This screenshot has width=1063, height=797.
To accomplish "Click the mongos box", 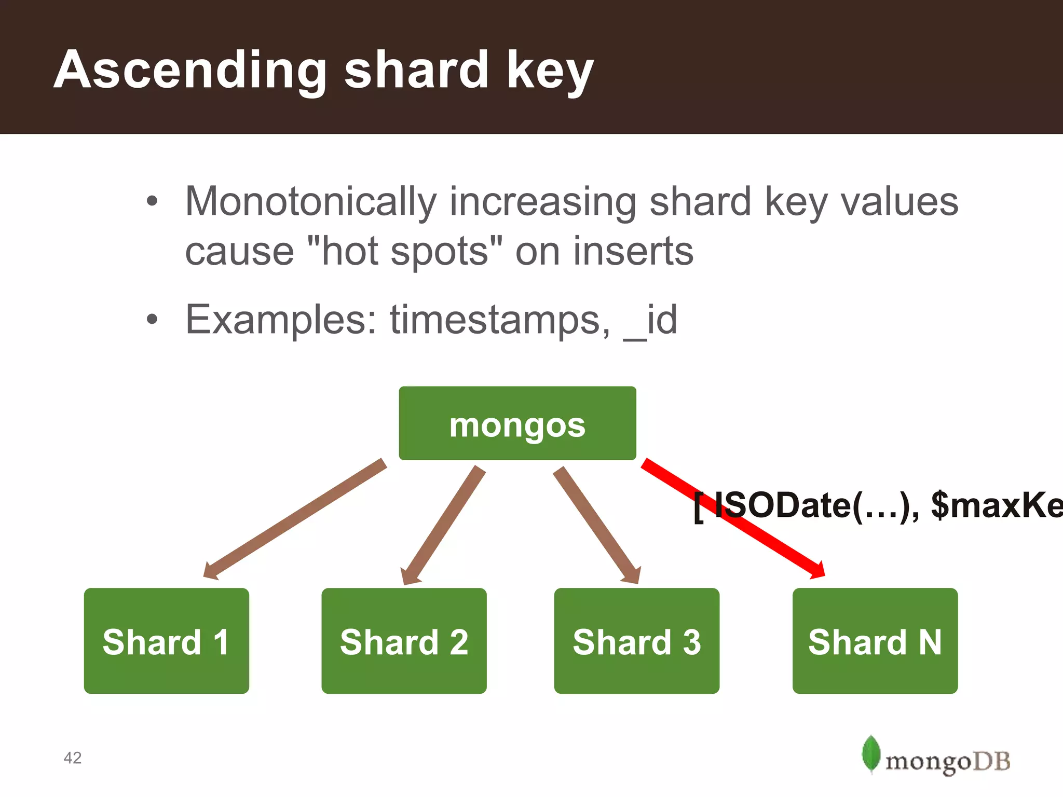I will [x=517, y=423].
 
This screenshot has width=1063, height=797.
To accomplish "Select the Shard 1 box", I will [x=166, y=641].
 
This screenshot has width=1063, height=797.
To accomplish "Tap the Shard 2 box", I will [x=404, y=641].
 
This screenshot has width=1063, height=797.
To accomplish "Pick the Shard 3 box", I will [x=636, y=641].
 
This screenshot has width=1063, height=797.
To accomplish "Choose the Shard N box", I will [x=875, y=641].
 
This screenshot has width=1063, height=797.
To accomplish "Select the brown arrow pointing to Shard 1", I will [x=296, y=519].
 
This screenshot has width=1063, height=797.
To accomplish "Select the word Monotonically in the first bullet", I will [x=310, y=201].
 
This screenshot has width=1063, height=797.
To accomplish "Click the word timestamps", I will [x=500, y=320].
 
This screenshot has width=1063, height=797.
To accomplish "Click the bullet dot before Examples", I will [x=151, y=319].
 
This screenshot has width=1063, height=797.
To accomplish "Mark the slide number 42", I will [x=73, y=758].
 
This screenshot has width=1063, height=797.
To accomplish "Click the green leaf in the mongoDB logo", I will [x=870, y=753].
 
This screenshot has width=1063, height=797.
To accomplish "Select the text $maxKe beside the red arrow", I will [x=997, y=504].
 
